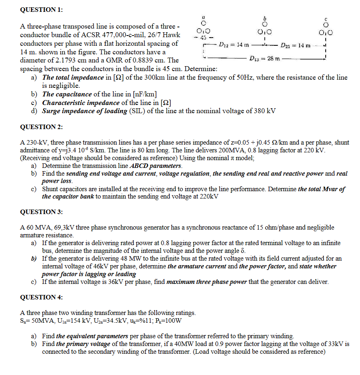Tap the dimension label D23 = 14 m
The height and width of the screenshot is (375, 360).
coord(295,44)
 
